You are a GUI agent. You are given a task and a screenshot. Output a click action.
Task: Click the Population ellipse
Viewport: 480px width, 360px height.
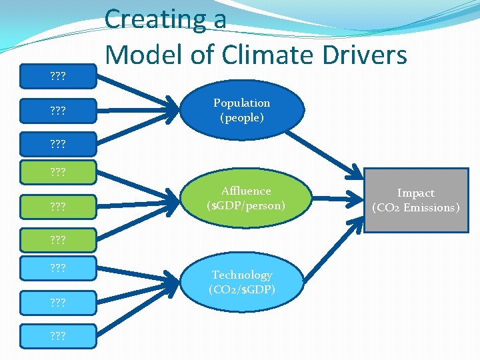[x=241, y=110]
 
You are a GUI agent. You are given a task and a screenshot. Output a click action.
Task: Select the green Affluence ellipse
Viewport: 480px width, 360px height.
[x=245, y=198]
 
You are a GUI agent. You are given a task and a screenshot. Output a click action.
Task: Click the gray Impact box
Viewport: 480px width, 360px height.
[x=416, y=200]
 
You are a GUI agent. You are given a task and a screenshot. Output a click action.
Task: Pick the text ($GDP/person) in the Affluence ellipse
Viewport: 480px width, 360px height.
[x=245, y=205]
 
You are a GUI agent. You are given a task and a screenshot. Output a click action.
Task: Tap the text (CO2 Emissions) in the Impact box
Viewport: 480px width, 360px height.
[x=416, y=207]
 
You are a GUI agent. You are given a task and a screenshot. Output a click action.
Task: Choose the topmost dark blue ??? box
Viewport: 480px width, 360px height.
[x=58, y=75]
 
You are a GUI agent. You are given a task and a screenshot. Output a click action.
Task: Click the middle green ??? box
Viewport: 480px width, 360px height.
[x=58, y=205]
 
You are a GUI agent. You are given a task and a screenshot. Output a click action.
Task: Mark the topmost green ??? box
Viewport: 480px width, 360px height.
[x=58, y=171]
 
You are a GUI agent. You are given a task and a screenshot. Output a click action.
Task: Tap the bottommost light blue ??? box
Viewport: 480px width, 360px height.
[x=58, y=335]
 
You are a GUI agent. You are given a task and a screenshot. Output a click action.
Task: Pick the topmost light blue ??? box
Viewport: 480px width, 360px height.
[x=58, y=268]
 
